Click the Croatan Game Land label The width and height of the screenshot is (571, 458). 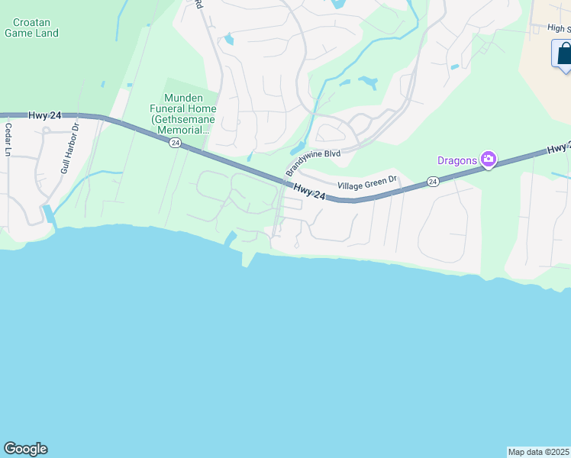click(31, 27)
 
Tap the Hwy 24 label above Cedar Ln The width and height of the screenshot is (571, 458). click(44, 115)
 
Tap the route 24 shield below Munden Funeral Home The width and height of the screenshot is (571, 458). click(176, 144)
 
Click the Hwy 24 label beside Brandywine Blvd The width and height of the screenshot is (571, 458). click(309, 191)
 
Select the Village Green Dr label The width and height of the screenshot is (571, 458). click(368, 183)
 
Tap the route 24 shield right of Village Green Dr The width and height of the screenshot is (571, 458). click(433, 182)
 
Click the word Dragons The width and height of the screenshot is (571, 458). click(456, 160)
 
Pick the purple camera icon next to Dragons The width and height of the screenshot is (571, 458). click(488, 160)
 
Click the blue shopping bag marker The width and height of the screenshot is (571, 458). click(563, 54)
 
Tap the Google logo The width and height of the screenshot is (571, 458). click(25, 449)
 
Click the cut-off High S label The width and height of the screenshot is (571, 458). click(559, 28)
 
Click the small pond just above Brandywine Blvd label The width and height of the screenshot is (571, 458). click(297, 148)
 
